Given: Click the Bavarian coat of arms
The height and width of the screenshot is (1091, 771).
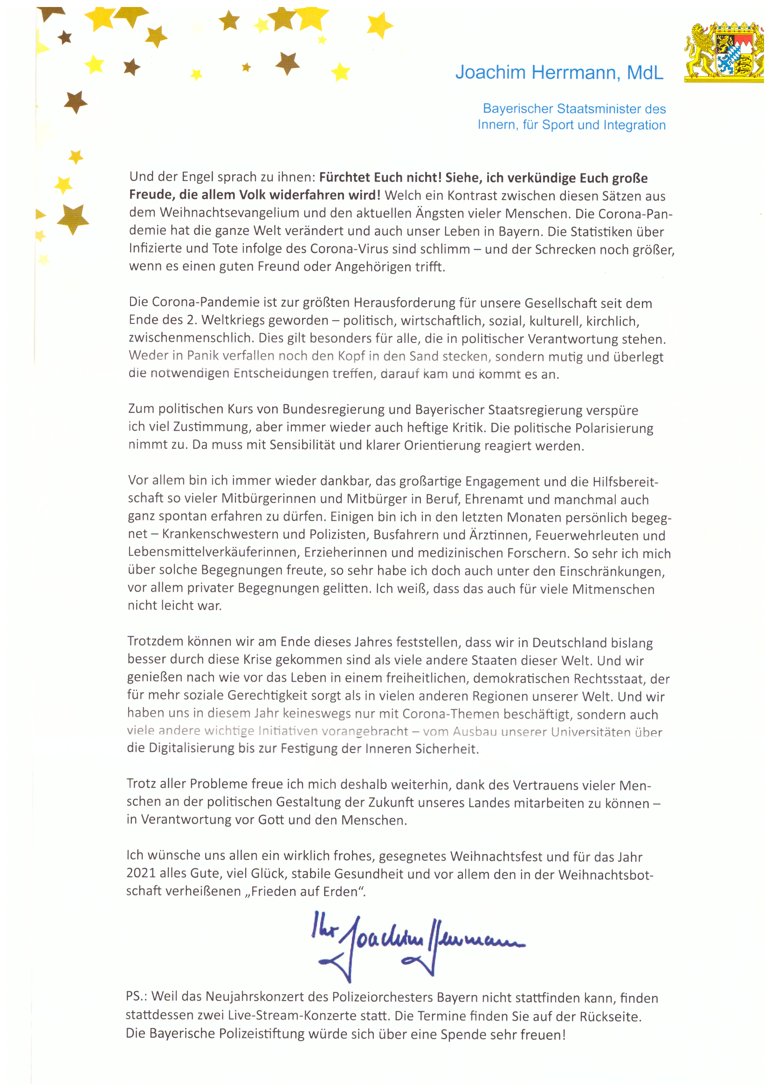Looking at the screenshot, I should [724, 51].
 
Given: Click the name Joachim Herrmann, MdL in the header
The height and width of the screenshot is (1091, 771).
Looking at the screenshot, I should [559, 73].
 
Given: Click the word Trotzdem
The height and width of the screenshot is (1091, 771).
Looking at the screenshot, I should [155, 642].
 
